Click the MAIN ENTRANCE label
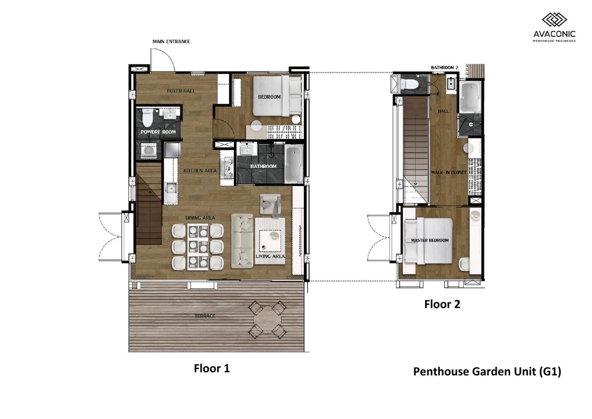point(171,42)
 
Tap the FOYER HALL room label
point(181,91)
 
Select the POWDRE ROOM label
point(158,132)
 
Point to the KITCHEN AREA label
point(200,171)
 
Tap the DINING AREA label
point(200,218)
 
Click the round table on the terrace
point(267,320)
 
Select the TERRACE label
point(205,316)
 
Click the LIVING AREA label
point(270,256)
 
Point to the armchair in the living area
point(270,204)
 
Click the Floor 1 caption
point(212,369)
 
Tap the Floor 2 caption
point(442,304)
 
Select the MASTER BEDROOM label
point(430,240)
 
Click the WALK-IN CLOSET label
point(449,173)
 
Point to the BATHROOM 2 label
point(444,68)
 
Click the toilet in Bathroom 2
point(409,84)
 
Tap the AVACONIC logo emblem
point(555,20)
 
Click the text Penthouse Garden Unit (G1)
point(487,372)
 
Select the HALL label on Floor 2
point(443,112)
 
